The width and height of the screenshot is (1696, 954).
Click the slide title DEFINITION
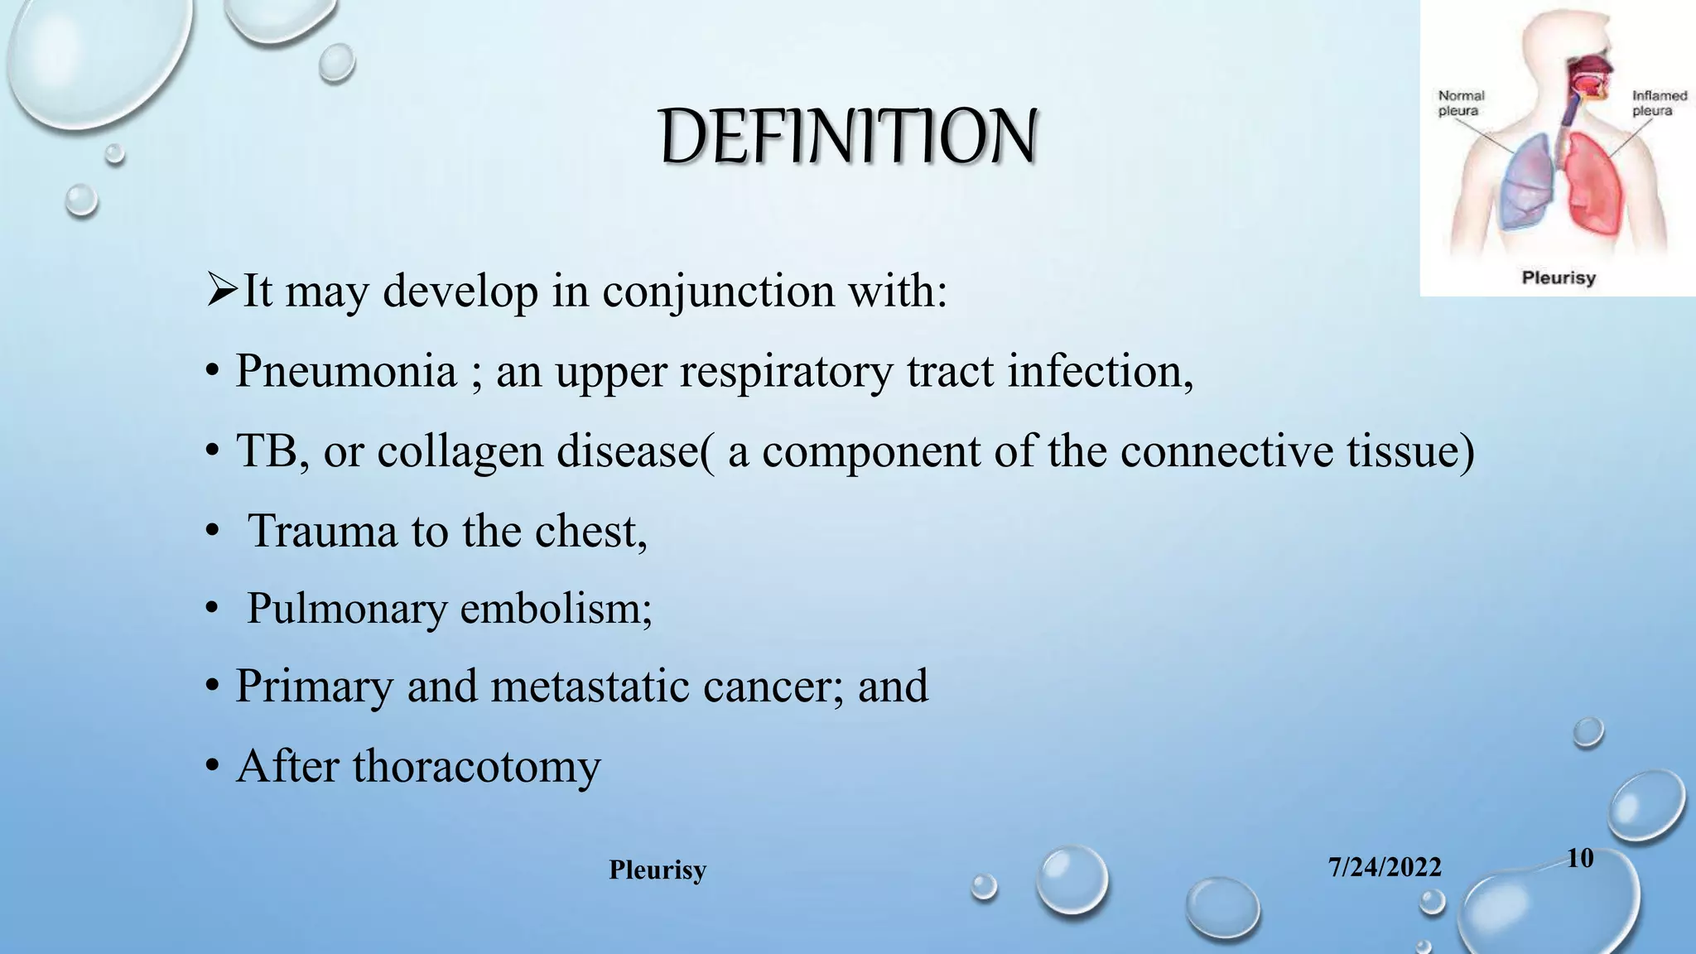pos(848,137)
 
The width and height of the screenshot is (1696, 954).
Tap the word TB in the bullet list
pos(266,451)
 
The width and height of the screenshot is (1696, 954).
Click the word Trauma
pos(322,531)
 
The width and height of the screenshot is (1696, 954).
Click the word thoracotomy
pos(476,766)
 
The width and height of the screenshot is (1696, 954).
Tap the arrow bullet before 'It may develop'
pos(222,291)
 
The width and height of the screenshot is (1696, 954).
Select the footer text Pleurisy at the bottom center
pos(658,870)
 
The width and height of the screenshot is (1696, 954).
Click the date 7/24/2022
pos(1385,867)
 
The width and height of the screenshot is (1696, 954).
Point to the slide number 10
pos(1580,858)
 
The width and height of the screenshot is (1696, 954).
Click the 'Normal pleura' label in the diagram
pos(1461,104)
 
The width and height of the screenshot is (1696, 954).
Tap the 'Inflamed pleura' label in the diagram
pos(1659,104)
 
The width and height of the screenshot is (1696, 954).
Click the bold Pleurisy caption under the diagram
pos(1558,277)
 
